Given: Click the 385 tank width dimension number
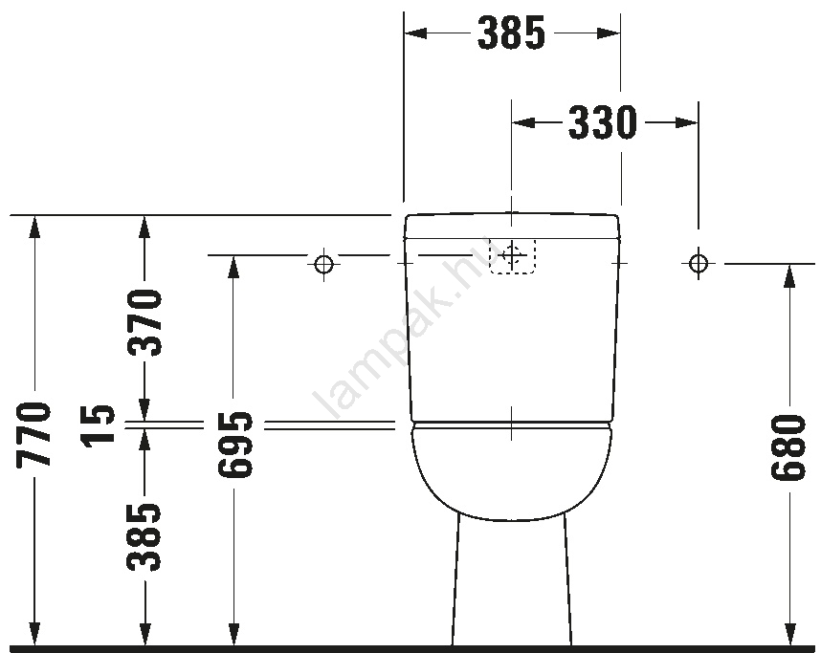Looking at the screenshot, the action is (x=512, y=33).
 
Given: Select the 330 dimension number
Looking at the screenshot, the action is (x=603, y=123).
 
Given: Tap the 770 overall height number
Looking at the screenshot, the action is (x=34, y=435).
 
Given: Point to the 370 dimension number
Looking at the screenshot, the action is (x=144, y=322).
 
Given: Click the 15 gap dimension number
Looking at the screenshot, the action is (x=98, y=424).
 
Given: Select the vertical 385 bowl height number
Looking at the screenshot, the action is (x=144, y=537).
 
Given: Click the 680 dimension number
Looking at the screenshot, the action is (x=788, y=447).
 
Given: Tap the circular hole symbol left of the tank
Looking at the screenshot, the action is (x=324, y=264).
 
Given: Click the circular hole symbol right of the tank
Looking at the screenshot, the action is (x=698, y=263).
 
